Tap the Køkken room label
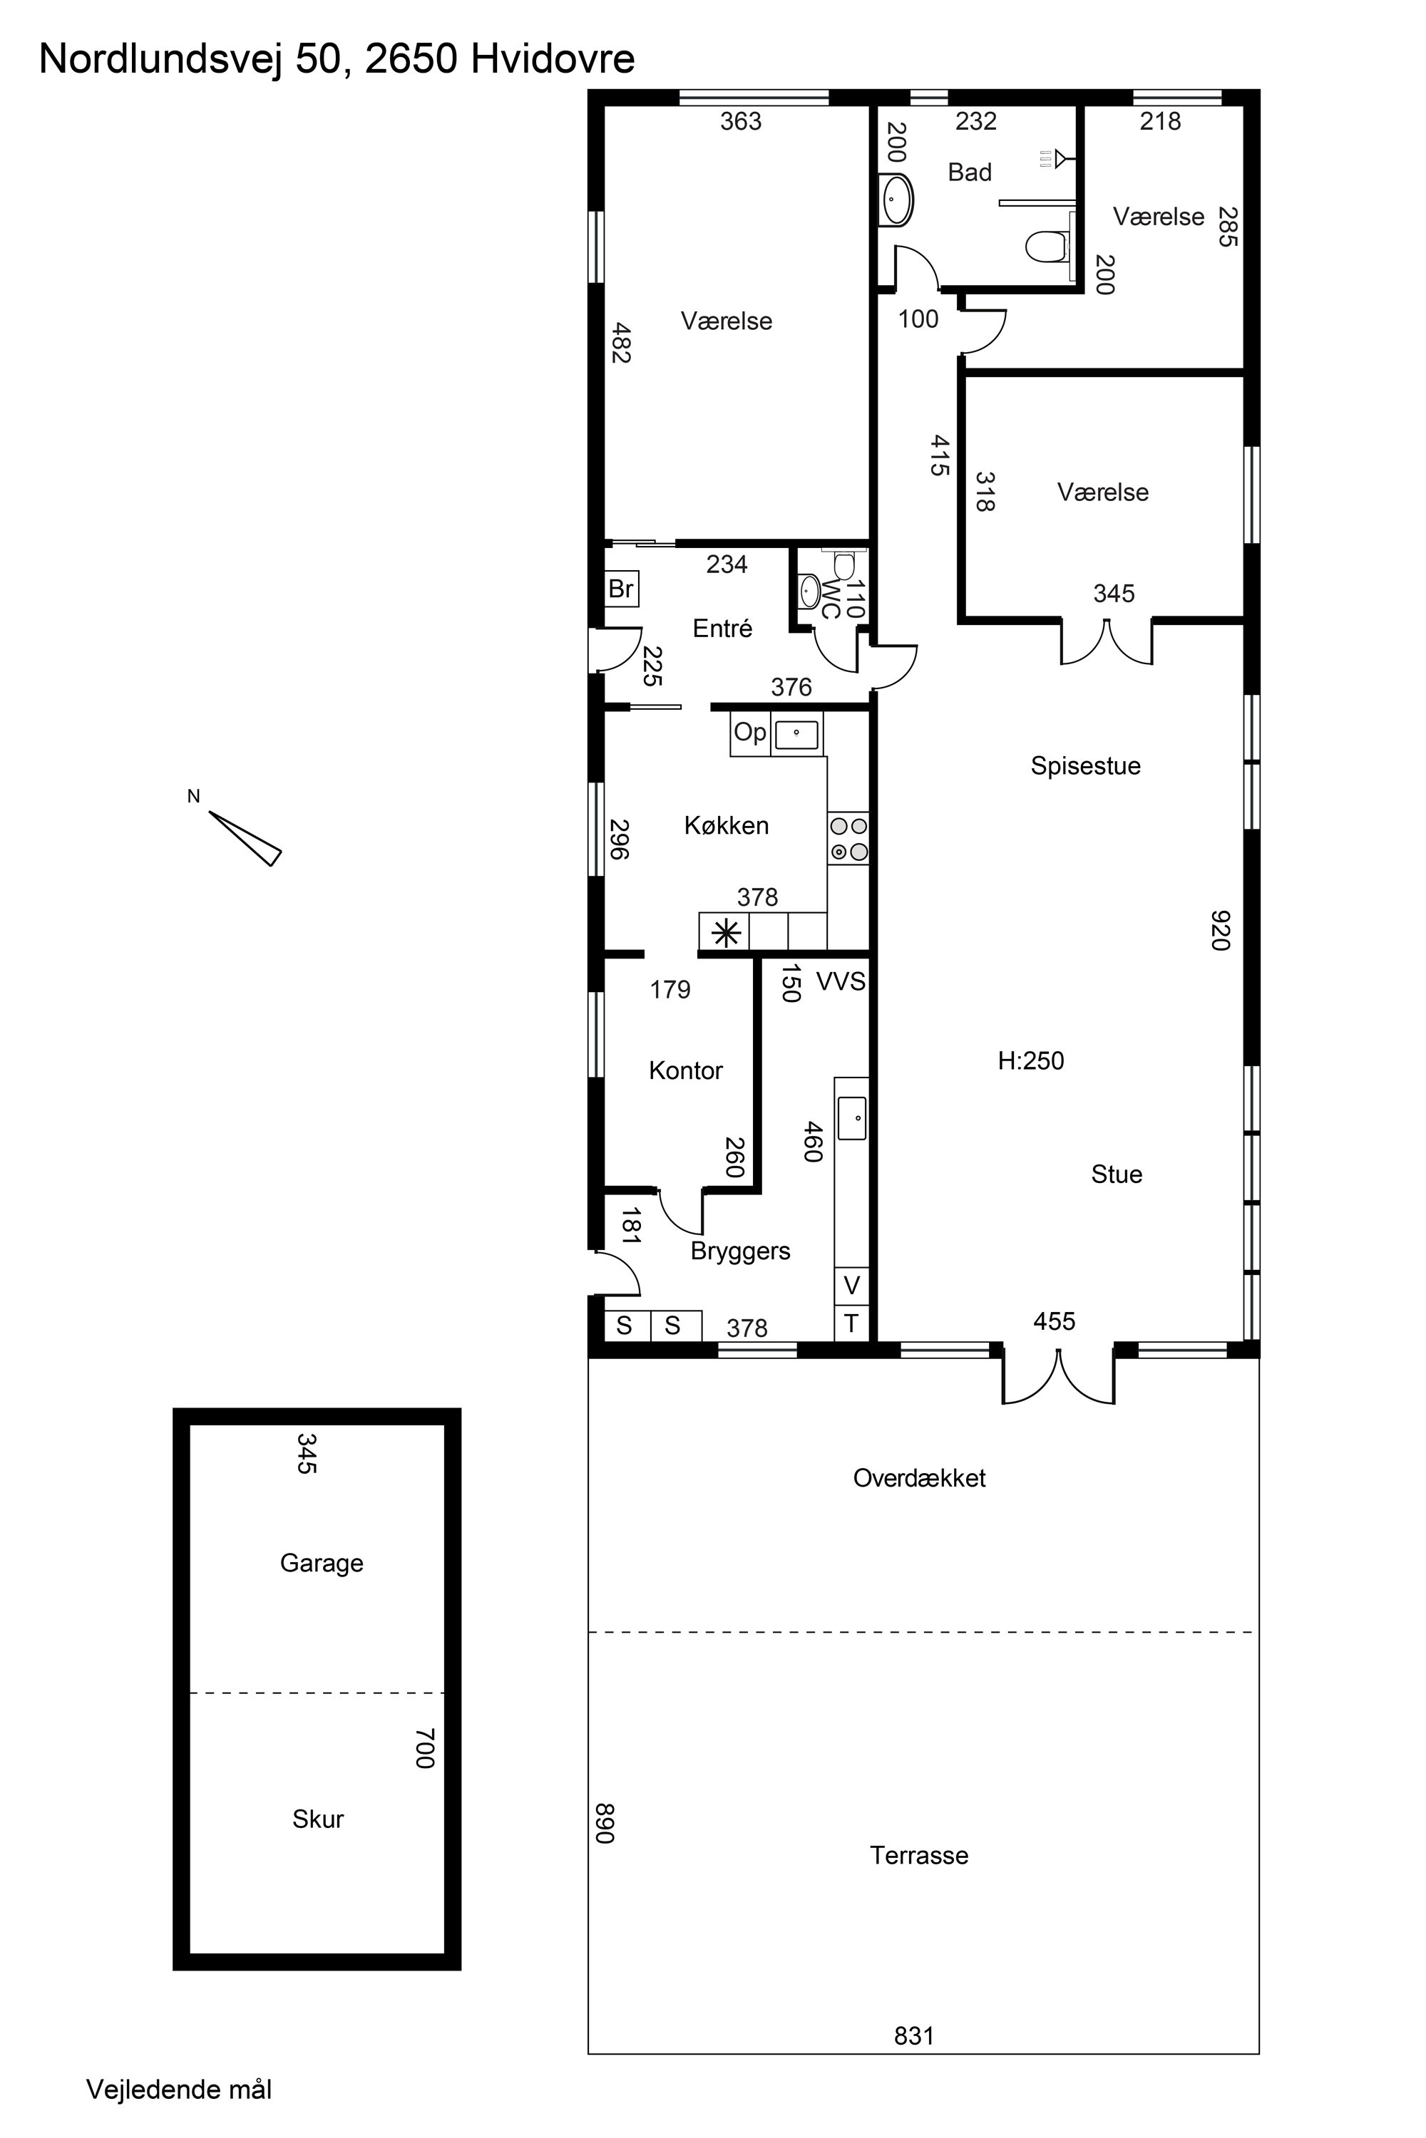click(x=727, y=825)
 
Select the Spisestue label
click(x=1085, y=765)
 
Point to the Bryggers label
click(x=740, y=1251)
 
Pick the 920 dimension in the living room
click(x=1221, y=930)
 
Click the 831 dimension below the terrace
click(x=914, y=2035)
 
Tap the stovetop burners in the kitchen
click(x=848, y=839)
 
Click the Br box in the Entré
click(x=622, y=589)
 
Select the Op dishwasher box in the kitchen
click(x=750, y=733)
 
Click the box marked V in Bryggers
click(x=851, y=1286)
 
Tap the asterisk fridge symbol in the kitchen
click(x=725, y=933)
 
